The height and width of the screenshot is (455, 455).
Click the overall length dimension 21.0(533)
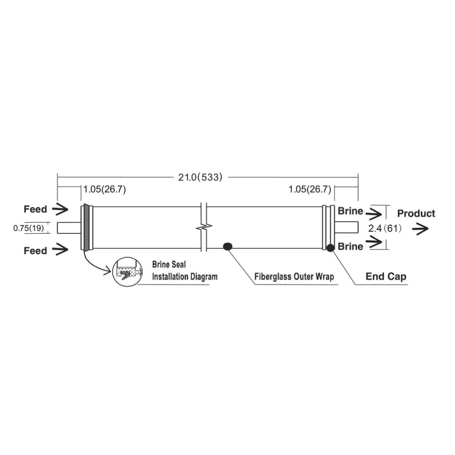[x=200, y=177]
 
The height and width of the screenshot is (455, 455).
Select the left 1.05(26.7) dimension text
[x=105, y=189]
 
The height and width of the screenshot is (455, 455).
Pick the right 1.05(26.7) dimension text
[x=310, y=189]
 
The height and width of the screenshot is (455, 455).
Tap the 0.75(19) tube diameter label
[x=29, y=228]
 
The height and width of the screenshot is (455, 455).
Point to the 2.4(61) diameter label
[x=385, y=228]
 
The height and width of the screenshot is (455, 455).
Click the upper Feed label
[x=36, y=209]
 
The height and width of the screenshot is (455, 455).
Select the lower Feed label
[x=36, y=251]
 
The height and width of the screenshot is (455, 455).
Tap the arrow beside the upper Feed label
[x=60, y=209]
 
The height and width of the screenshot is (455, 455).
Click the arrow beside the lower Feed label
[x=60, y=249]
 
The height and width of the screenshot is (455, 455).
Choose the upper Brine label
[x=350, y=211]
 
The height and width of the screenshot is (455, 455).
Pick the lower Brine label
[x=350, y=246]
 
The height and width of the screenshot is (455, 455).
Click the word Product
[x=416, y=214]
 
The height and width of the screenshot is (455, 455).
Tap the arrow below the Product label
[x=420, y=229]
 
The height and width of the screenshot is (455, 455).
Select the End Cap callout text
[x=386, y=276]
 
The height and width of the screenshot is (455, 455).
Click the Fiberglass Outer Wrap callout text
[x=294, y=276]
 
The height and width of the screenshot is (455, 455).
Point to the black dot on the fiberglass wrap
[x=227, y=247]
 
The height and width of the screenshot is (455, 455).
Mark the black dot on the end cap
[x=331, y=248]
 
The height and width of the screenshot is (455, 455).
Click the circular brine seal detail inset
[x=128, y=271]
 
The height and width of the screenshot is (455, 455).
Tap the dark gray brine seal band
[x=86, y=227]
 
